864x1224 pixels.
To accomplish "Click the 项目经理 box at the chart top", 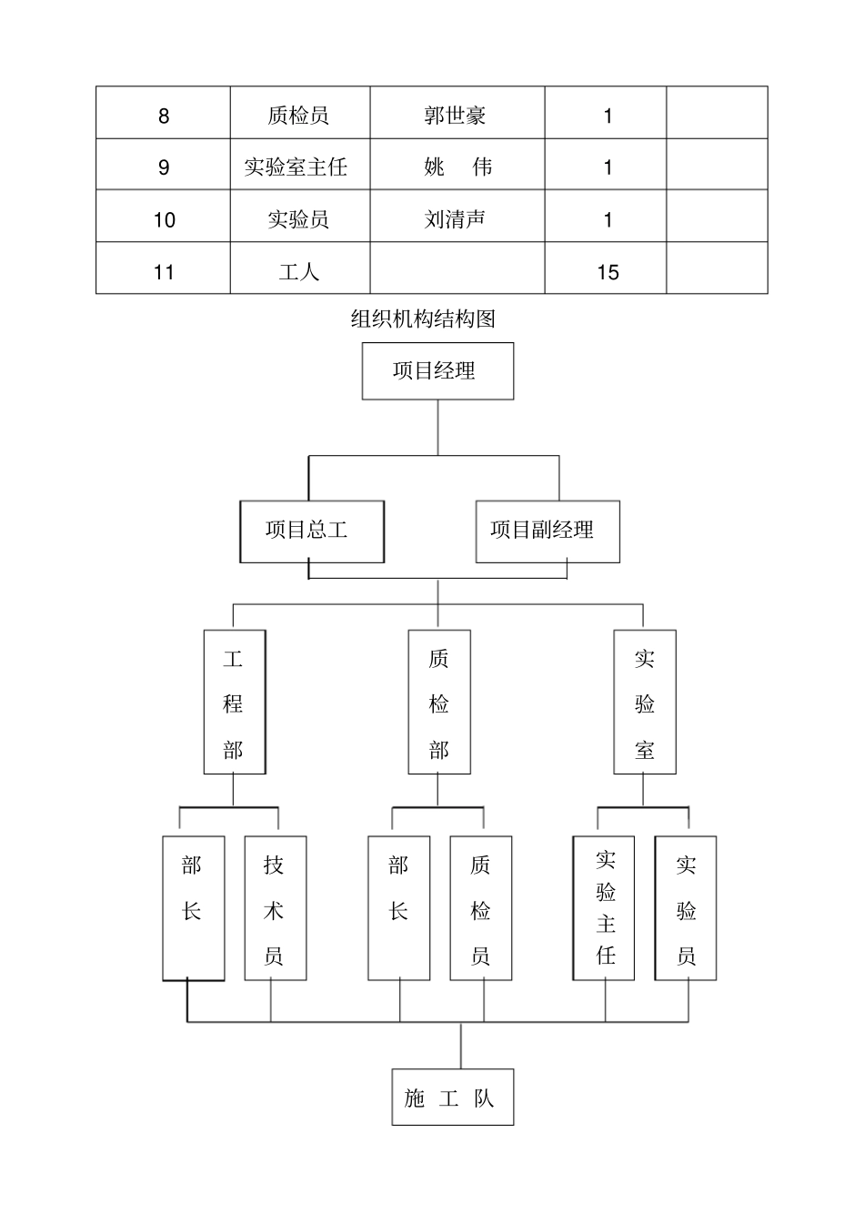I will (437, 371).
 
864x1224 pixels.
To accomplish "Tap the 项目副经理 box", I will (548, 531).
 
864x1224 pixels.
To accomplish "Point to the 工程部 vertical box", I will (235, 703).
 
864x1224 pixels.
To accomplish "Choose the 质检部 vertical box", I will (439, 703).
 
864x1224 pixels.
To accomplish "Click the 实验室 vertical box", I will (645, 703).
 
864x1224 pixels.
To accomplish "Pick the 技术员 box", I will (275, 908).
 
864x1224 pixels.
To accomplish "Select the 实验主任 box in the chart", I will (604, 908).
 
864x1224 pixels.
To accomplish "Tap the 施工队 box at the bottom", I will (453, 1098).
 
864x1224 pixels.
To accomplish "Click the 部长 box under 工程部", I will (193, 908).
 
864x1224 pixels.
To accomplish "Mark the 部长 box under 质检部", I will (398, 908).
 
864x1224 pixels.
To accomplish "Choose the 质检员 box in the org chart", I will (481, 908).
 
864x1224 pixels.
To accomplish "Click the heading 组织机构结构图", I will (423, 319).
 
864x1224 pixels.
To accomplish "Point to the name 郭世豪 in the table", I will (455, 116).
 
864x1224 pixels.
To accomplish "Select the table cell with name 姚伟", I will (457, 167).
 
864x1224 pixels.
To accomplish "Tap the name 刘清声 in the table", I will (455, 219).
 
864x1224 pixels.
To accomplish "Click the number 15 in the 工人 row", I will (608, 272).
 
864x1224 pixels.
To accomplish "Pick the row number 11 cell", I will (164, 272).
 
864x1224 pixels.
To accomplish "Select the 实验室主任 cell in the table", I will (296, 167).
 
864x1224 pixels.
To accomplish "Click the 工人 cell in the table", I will (299, 272).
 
